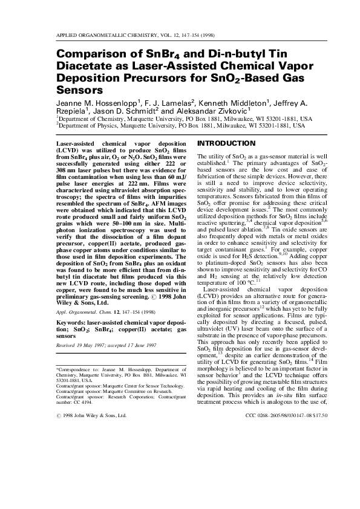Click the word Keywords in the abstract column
tap(71, 323)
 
